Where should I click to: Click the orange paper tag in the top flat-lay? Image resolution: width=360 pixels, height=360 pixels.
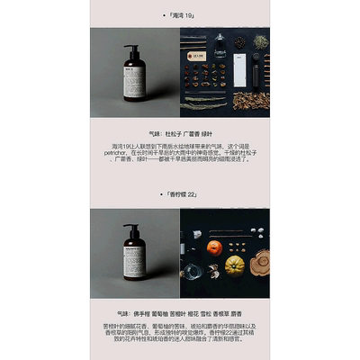coord(195,56)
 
